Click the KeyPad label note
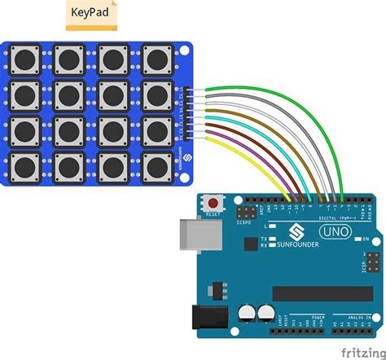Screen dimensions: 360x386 click(x=91, y=15)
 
